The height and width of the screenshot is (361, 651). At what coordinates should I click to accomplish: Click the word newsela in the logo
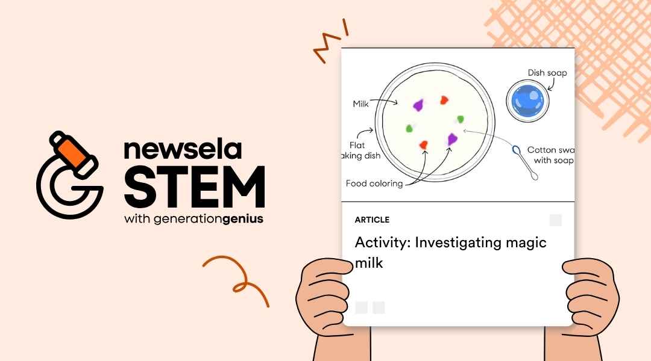183,150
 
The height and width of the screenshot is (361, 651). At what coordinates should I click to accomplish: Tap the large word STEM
194,187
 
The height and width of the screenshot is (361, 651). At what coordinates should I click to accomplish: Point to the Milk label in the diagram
360,104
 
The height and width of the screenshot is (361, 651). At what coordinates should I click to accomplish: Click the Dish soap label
547,73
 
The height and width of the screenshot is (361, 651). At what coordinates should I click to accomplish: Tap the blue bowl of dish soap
527,100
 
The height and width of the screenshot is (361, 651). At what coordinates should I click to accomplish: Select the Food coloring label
374,184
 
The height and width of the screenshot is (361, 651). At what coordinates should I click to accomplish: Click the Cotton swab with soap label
550,155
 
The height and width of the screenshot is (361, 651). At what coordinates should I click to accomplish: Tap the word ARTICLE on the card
372,220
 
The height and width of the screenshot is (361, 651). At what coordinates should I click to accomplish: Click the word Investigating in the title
459,242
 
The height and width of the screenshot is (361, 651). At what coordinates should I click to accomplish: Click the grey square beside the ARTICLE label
555,220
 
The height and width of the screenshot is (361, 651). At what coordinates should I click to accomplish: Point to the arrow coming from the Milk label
386,100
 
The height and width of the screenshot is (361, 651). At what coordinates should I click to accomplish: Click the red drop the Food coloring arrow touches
423,144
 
